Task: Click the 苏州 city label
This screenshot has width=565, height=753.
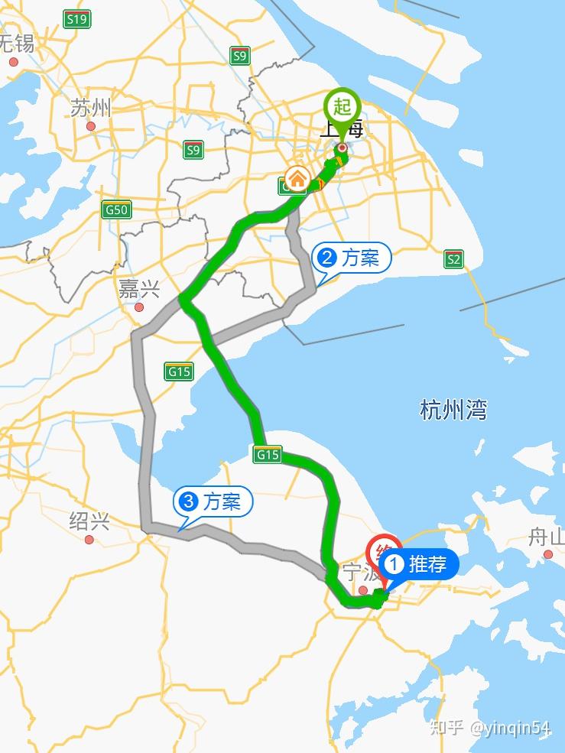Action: point(90,108)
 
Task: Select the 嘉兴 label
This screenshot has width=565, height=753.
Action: point(139,289)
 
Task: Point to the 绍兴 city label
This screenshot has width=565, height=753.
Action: point(89,521)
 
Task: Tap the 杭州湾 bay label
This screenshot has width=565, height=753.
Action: point(453,411)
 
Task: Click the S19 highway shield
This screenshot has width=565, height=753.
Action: point(76,19)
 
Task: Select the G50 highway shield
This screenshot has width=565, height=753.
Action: point(117,209)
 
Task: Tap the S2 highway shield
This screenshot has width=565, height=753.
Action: point(454,259)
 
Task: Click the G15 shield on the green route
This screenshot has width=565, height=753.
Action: point(268,455)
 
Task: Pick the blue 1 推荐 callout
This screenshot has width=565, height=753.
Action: point(420,564)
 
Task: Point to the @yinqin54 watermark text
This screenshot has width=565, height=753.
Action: point(511,727)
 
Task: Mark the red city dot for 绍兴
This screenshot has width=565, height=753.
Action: point(89,540)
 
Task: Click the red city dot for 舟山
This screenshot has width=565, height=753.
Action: point(548,554)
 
